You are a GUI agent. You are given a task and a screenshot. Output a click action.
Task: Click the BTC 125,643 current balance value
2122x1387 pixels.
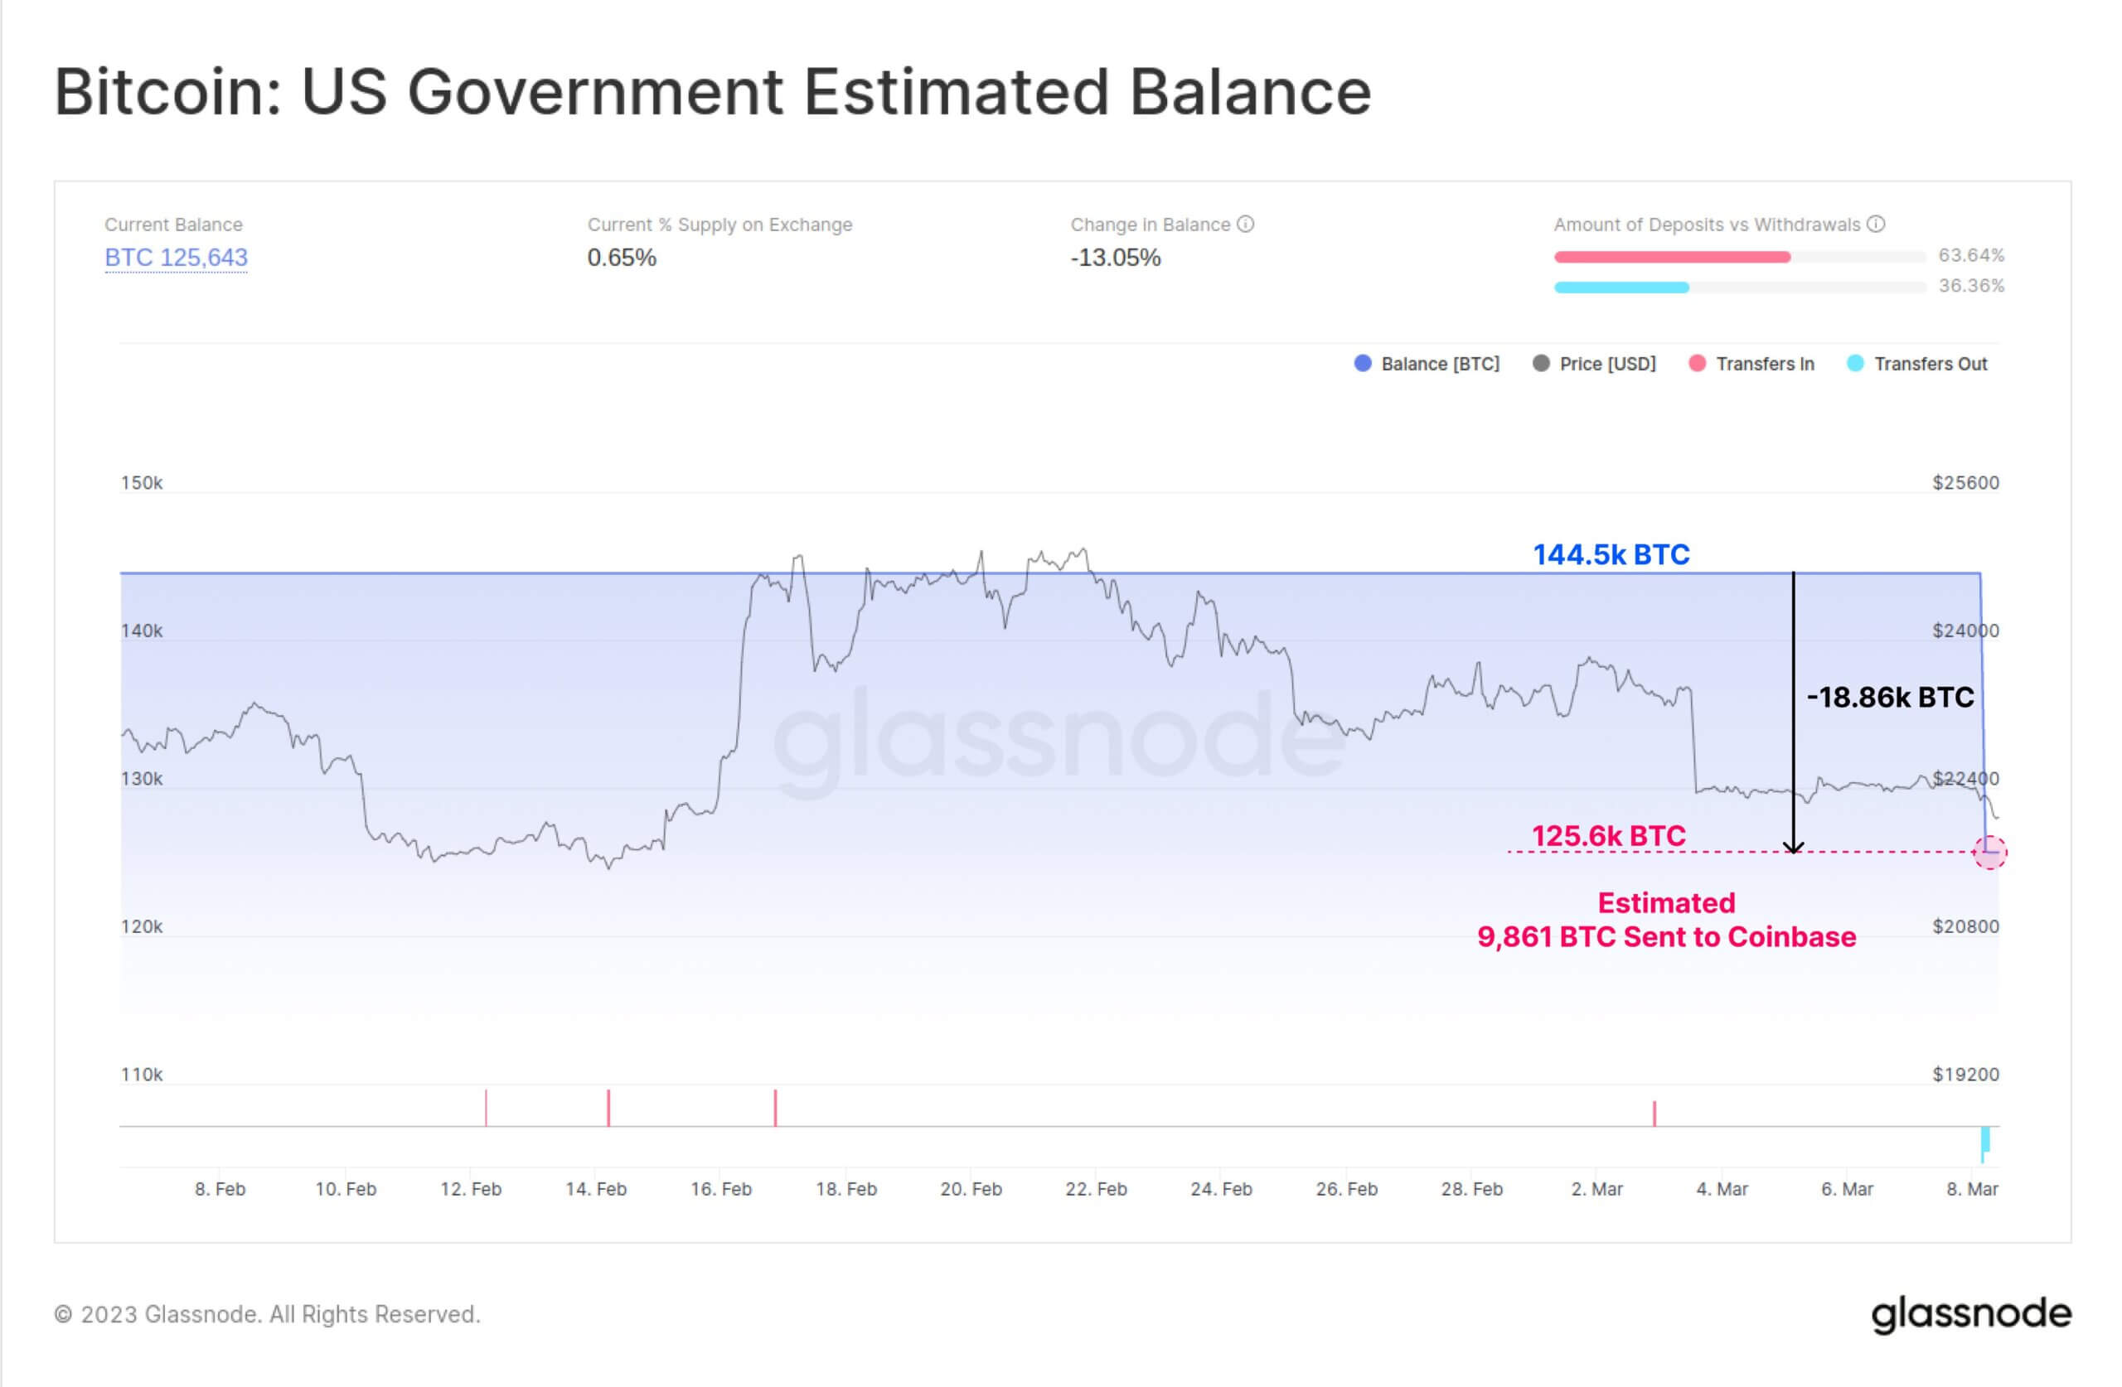pos(176,258)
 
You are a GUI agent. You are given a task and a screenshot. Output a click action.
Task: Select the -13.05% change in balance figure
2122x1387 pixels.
pos(1116,258)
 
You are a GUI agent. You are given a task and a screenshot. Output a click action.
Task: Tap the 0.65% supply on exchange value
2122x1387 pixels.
pos(622,258)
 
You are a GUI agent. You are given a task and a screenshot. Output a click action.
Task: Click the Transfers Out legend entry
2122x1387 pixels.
pos(1917,364)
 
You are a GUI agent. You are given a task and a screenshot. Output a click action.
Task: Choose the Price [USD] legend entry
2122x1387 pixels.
pos(1594,364)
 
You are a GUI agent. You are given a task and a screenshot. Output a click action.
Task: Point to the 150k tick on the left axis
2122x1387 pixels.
pos(142,483)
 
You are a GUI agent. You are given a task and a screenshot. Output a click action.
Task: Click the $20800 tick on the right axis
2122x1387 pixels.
pos(1965,927)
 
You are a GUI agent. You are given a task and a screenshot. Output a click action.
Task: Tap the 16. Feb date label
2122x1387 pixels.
pos(720,1189)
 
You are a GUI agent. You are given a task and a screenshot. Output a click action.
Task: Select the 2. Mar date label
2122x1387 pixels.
pos(1596,1189)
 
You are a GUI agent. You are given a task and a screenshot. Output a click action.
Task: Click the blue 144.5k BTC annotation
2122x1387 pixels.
pos(1611,554)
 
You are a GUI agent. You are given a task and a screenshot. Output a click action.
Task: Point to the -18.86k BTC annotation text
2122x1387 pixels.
pos(1889,697)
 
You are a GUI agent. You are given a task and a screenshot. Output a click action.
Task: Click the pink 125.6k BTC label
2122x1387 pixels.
pos(1608,836)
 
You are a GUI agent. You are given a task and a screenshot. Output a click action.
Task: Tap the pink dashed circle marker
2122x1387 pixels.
pos(1989,852)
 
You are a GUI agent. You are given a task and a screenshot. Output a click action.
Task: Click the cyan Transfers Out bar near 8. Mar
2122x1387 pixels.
pos(1984,1143)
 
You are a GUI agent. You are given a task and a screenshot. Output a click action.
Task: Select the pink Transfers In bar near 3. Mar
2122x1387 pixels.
pos(1654,1114)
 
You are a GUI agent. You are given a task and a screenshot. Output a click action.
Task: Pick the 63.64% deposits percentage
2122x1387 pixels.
pos(1970,256)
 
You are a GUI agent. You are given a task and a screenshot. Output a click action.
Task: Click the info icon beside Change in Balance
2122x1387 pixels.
pos(1246,224)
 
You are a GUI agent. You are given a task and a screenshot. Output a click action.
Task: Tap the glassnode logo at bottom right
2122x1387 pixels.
pos(1970,1314)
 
